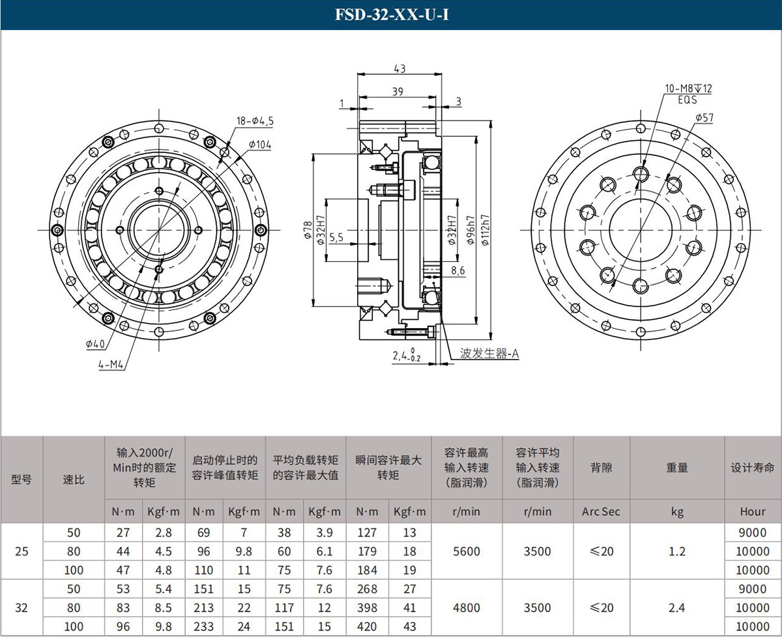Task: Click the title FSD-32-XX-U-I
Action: (392, 15)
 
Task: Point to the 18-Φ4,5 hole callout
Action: (255, 120)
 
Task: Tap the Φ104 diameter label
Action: (260, 145)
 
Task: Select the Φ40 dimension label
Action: (95, 344)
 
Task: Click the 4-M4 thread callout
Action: (111, 364)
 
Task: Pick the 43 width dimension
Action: (399, 68)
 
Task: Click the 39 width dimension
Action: (398, 91)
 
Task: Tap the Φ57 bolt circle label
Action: (704, 117)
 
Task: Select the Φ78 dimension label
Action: (308, 230)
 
